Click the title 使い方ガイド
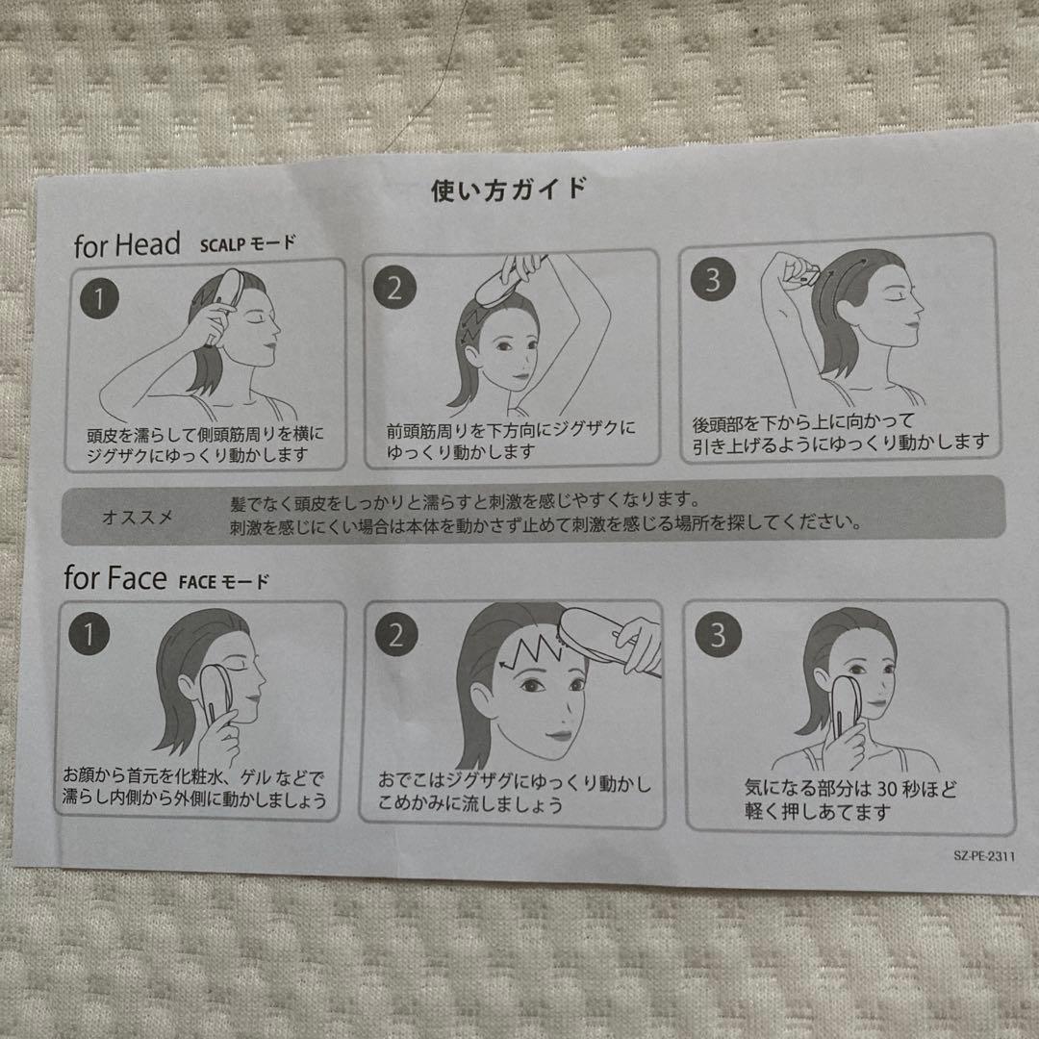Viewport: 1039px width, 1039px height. click(x=507, y=190)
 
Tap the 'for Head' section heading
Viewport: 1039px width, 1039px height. click(x=127, y=245)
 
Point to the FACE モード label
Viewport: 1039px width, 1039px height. click(x=223, y=581)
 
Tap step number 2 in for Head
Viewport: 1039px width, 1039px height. click(x=394, y=290)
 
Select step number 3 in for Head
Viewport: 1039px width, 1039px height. click(x=712, y=281)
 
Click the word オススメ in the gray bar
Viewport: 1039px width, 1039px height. click(x=138, y=518)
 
